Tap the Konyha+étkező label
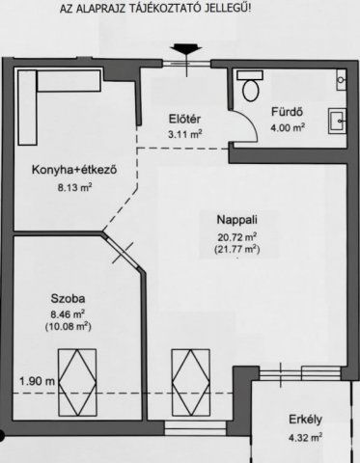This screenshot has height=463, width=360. point(73,171)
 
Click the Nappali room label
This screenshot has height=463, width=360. point(236,220)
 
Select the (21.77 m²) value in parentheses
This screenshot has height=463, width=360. point(237,249)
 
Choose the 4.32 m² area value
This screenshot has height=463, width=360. point(305,437)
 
